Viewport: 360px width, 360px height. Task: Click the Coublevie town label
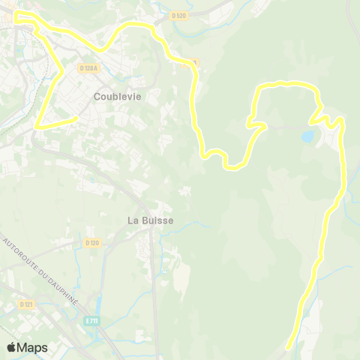tap(118, 97)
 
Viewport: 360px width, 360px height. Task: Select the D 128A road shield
tap(88, 68)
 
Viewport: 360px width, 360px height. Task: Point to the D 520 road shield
tap(178, 15)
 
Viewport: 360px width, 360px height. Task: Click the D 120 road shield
tap(92, 243)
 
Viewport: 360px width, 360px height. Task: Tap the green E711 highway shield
tap(92, 320)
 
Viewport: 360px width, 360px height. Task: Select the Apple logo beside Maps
tap(12, 347)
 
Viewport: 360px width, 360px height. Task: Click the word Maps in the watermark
tap(33, 347)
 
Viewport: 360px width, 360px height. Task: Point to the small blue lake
tap(307, 137)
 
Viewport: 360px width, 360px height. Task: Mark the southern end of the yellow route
tap(290, 347)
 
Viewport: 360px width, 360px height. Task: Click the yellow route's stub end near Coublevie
tap(76, 118)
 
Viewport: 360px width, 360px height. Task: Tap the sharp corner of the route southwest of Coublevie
tap(36, 127)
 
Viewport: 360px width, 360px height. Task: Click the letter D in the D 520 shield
tap(172, 15)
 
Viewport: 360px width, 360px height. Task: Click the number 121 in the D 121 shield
tap(29, 304)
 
